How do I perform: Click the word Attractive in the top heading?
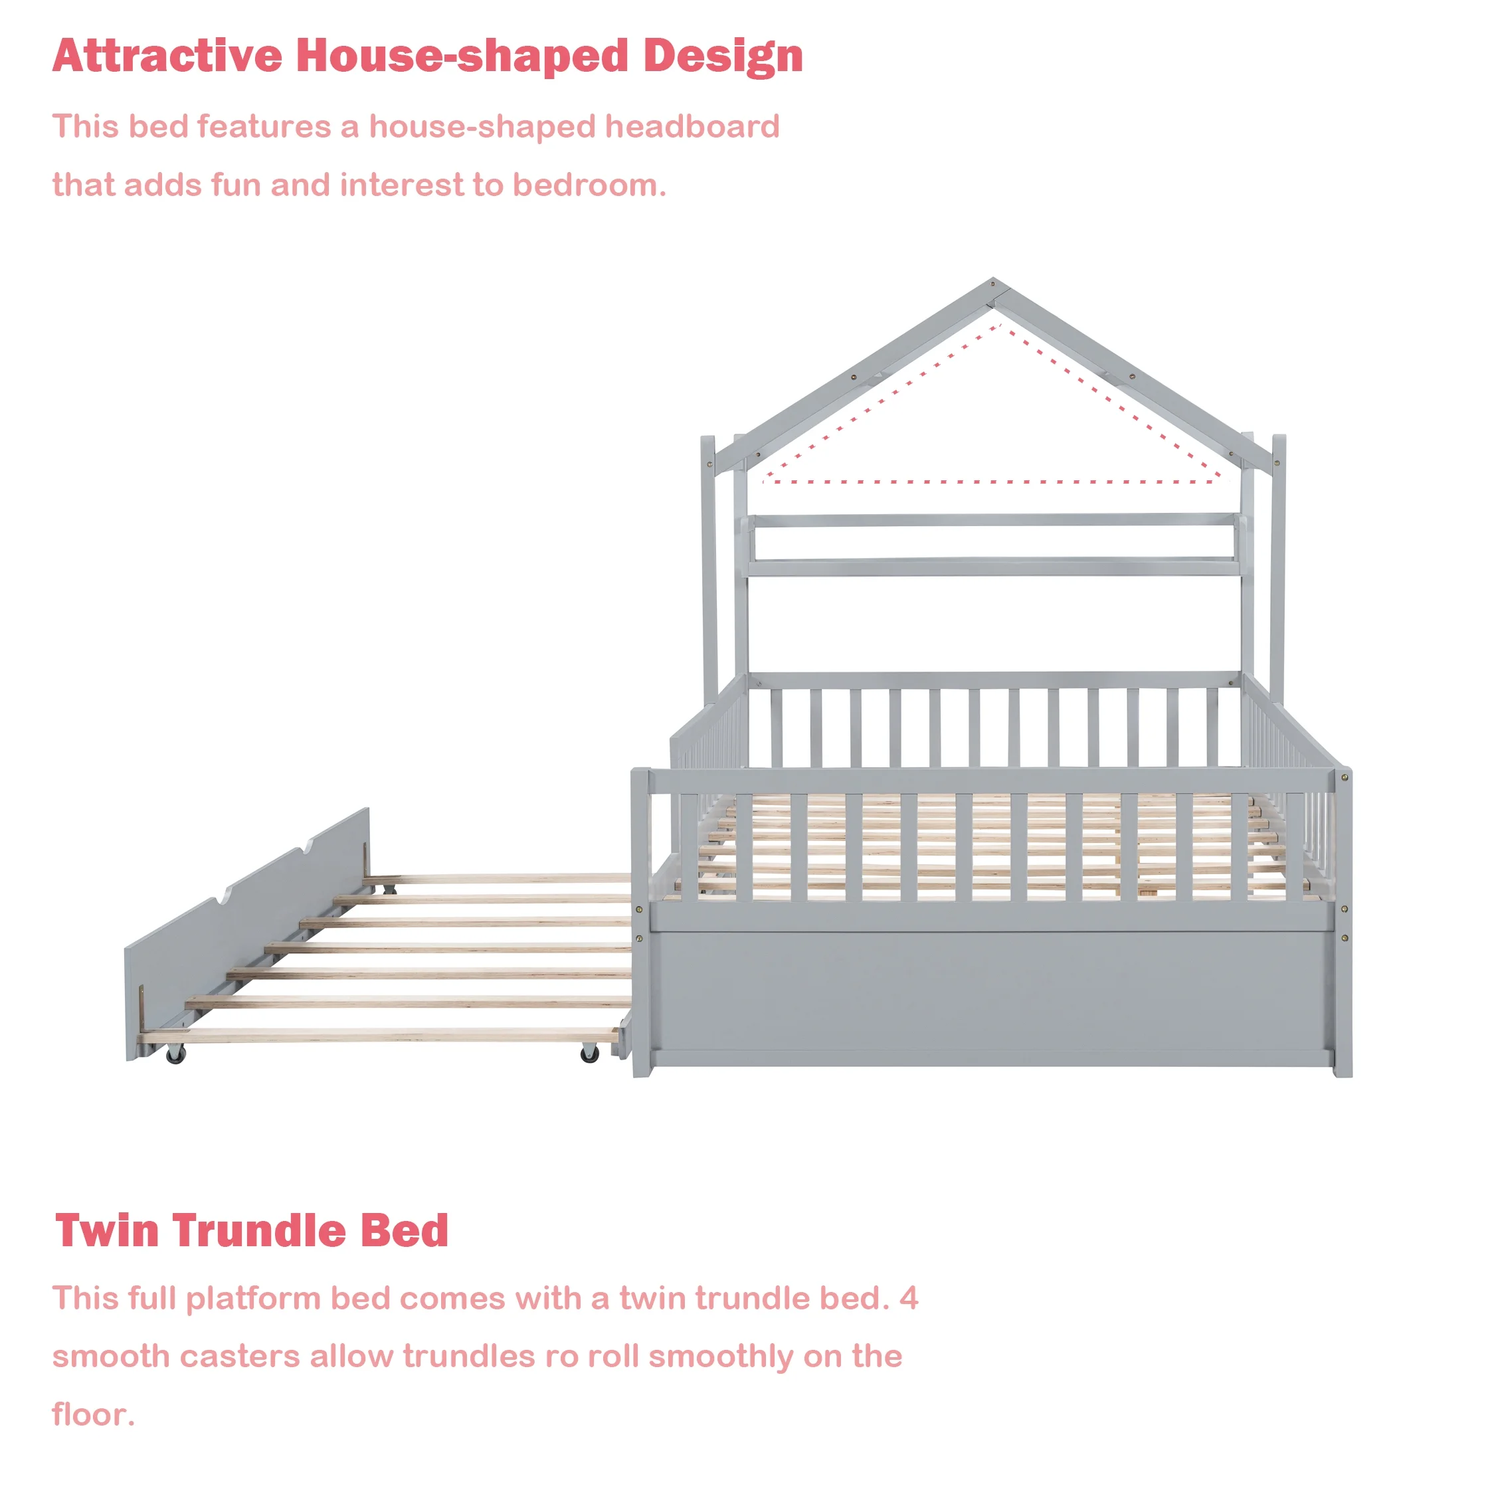click(x=168, y=56)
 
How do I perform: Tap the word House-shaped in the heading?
click(x=462, y=57)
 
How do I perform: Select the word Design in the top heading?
click(x=723, y=57)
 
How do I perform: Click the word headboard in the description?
click(x=692, y=126)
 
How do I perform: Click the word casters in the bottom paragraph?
click(x=240, y=1356)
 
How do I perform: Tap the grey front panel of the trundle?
click(x=246, y=933)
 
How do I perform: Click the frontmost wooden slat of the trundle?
click(x=379, y=1035)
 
